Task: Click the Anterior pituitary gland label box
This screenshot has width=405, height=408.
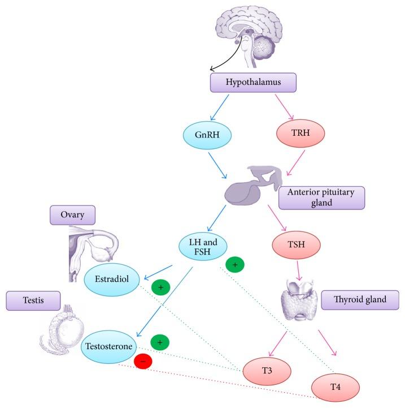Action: [x=321, y=198]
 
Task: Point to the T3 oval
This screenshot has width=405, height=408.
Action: [x=268, y=370]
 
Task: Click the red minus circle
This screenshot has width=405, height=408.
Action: [x=142, y=360]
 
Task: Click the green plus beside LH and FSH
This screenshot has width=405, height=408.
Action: [x=235, y=264]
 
